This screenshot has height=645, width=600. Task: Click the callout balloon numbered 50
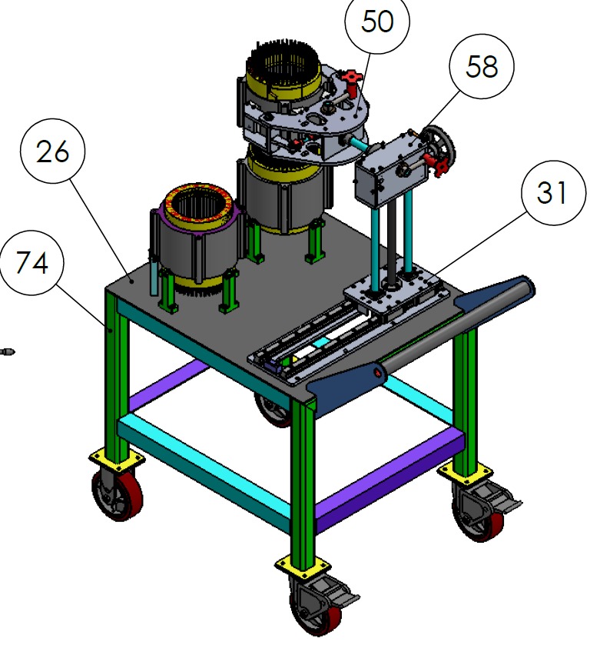pyautogui.click(x=377, y=22)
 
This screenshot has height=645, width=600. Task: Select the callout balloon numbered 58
pyautogui.click(x=482, y=66)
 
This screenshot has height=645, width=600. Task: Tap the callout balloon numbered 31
pyautogui.click(x=554, y=192)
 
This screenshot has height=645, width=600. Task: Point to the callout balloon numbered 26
pyautogui.click(x=52, y=151)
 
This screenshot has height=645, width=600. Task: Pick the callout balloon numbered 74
pyautogui.click(x=31, y=262)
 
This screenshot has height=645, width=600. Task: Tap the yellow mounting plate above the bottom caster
pyautogui.click(x=303, y=565)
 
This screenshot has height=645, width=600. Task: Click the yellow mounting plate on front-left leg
pyautogui.click(x=117, y=460)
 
